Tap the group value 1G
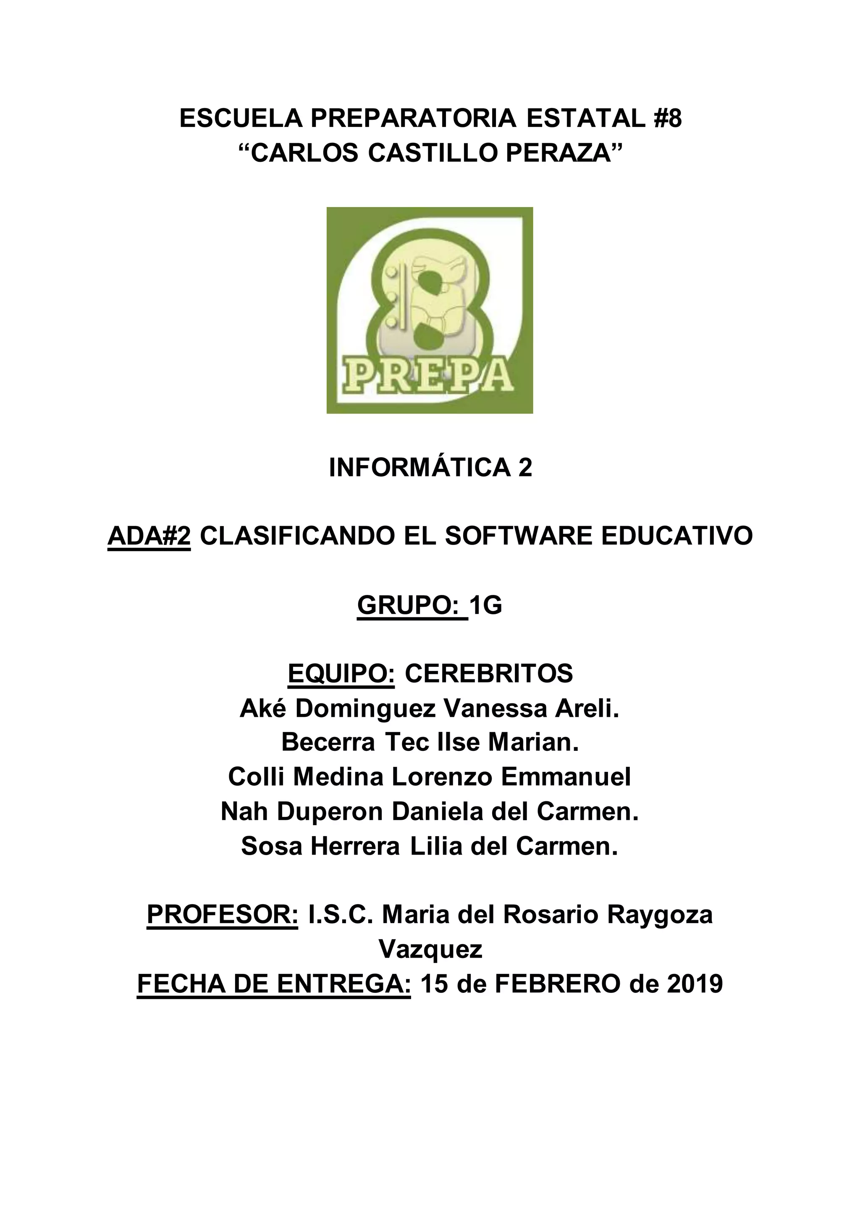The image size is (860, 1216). coord(485,605)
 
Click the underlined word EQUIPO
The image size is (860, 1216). coord(341,674)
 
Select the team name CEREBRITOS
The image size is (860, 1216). coord(489,674)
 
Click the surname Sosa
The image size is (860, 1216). coord(272,846)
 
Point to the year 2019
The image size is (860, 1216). coord(695,984)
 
